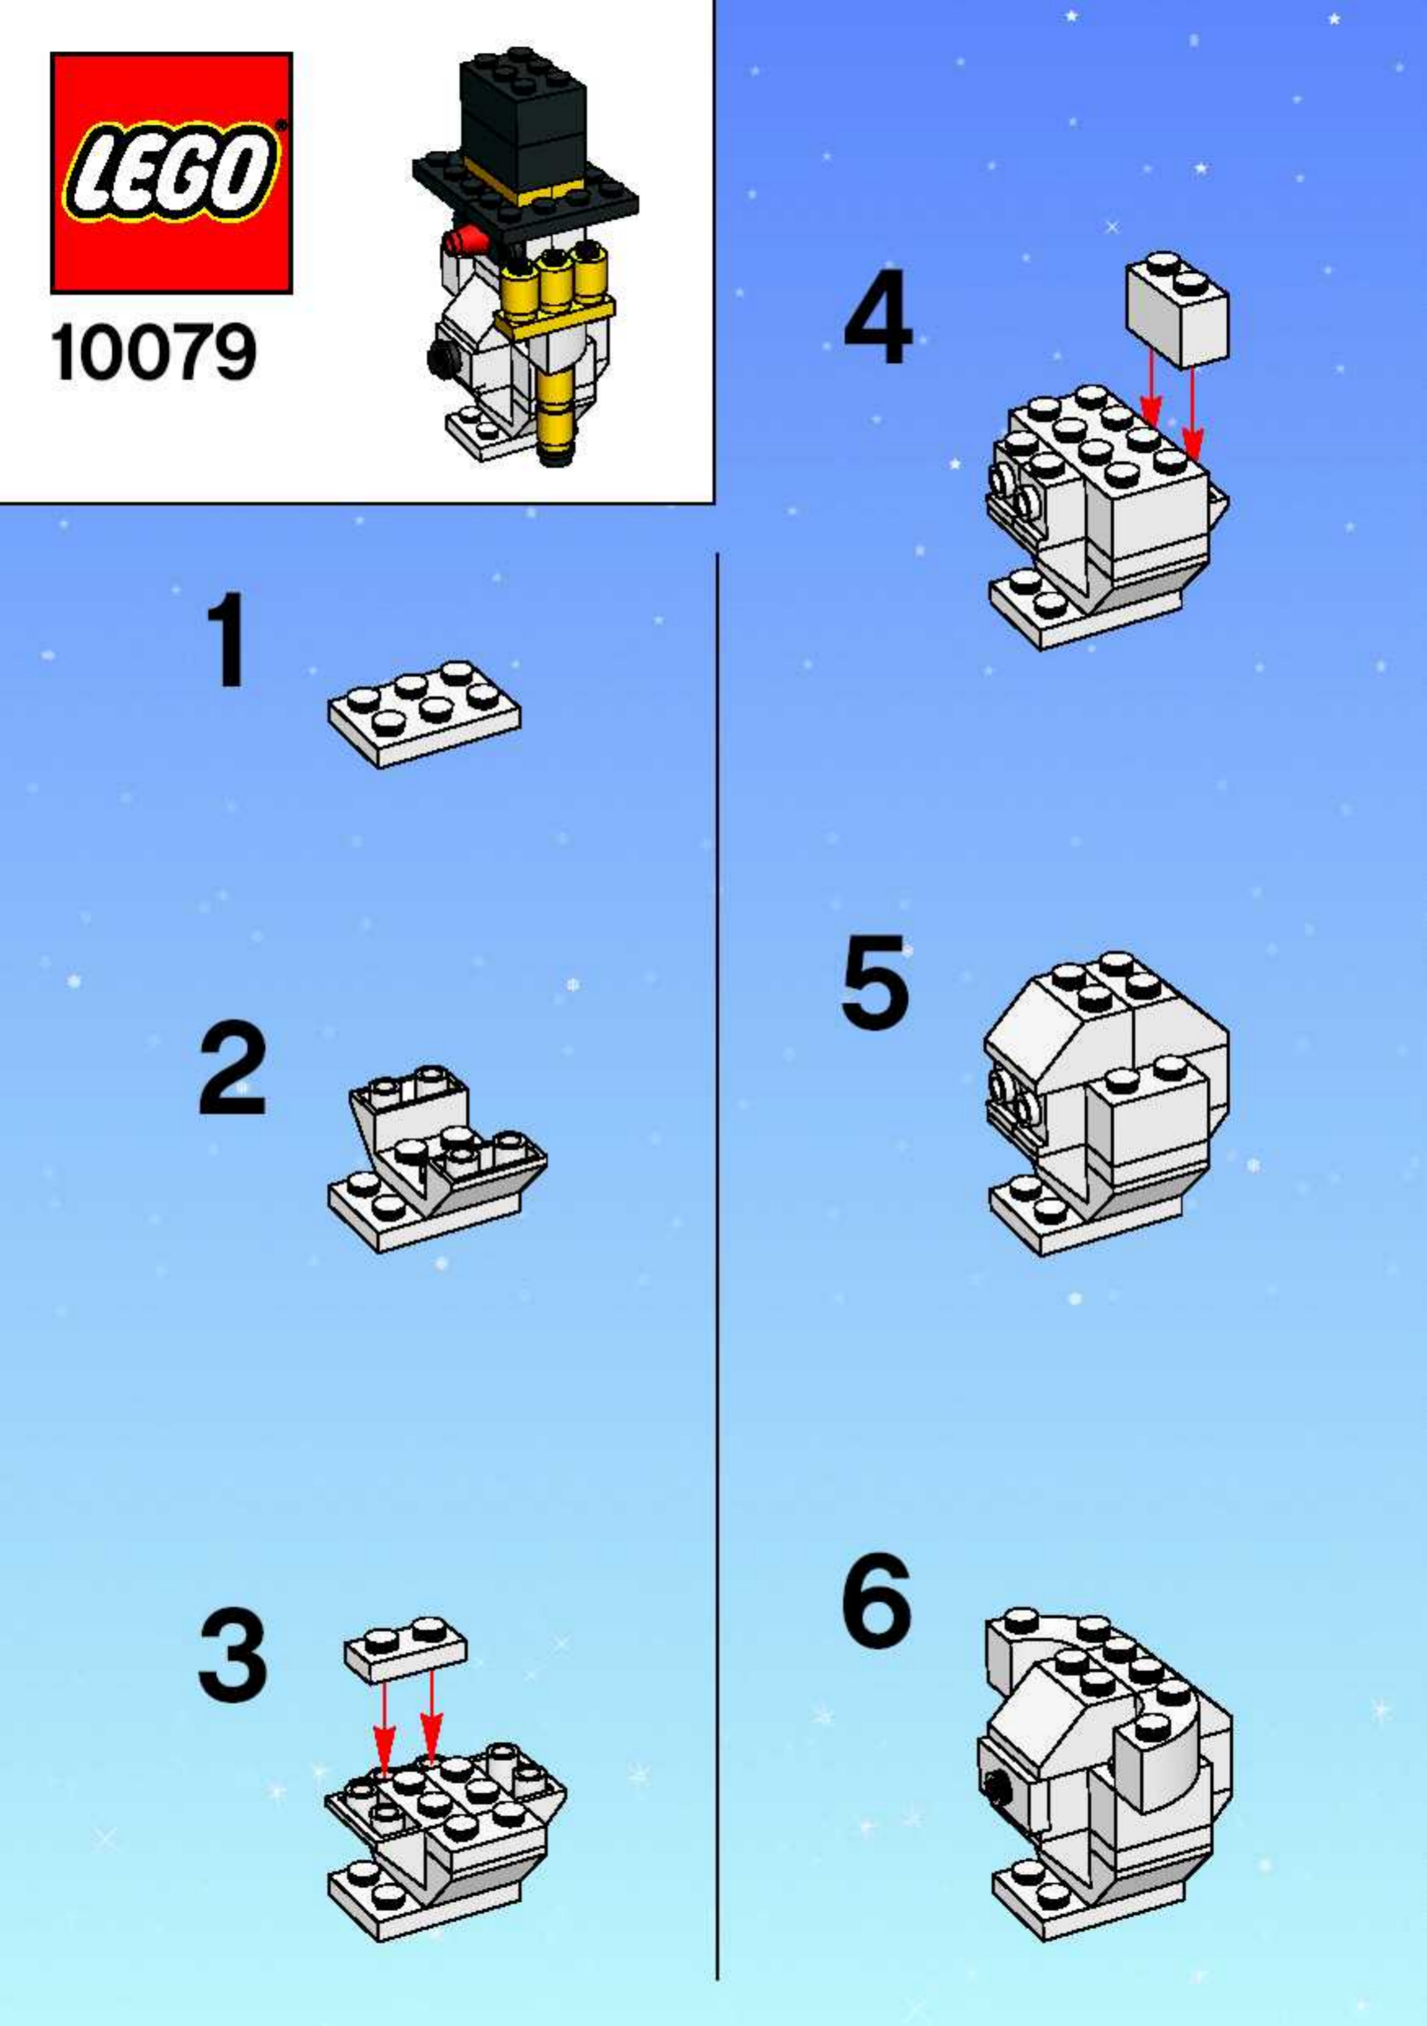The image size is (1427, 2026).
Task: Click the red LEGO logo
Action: [x=171, y=173]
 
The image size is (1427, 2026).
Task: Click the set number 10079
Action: [x=154, y=353]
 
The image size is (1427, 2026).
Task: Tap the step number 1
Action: [x=227, y=641]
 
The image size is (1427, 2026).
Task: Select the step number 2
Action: [x=231, y=1067]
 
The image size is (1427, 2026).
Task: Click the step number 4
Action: [x=878, y=314]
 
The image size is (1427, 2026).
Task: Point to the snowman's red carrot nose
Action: [x=466, y=238]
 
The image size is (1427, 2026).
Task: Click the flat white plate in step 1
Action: [x=424, y=714]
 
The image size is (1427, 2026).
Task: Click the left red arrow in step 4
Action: [x=1150, y=387]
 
